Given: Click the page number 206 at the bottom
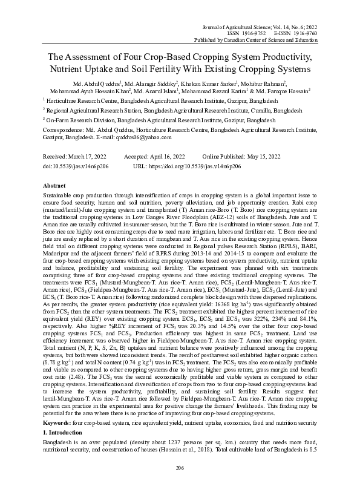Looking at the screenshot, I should (x=180, y=468).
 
